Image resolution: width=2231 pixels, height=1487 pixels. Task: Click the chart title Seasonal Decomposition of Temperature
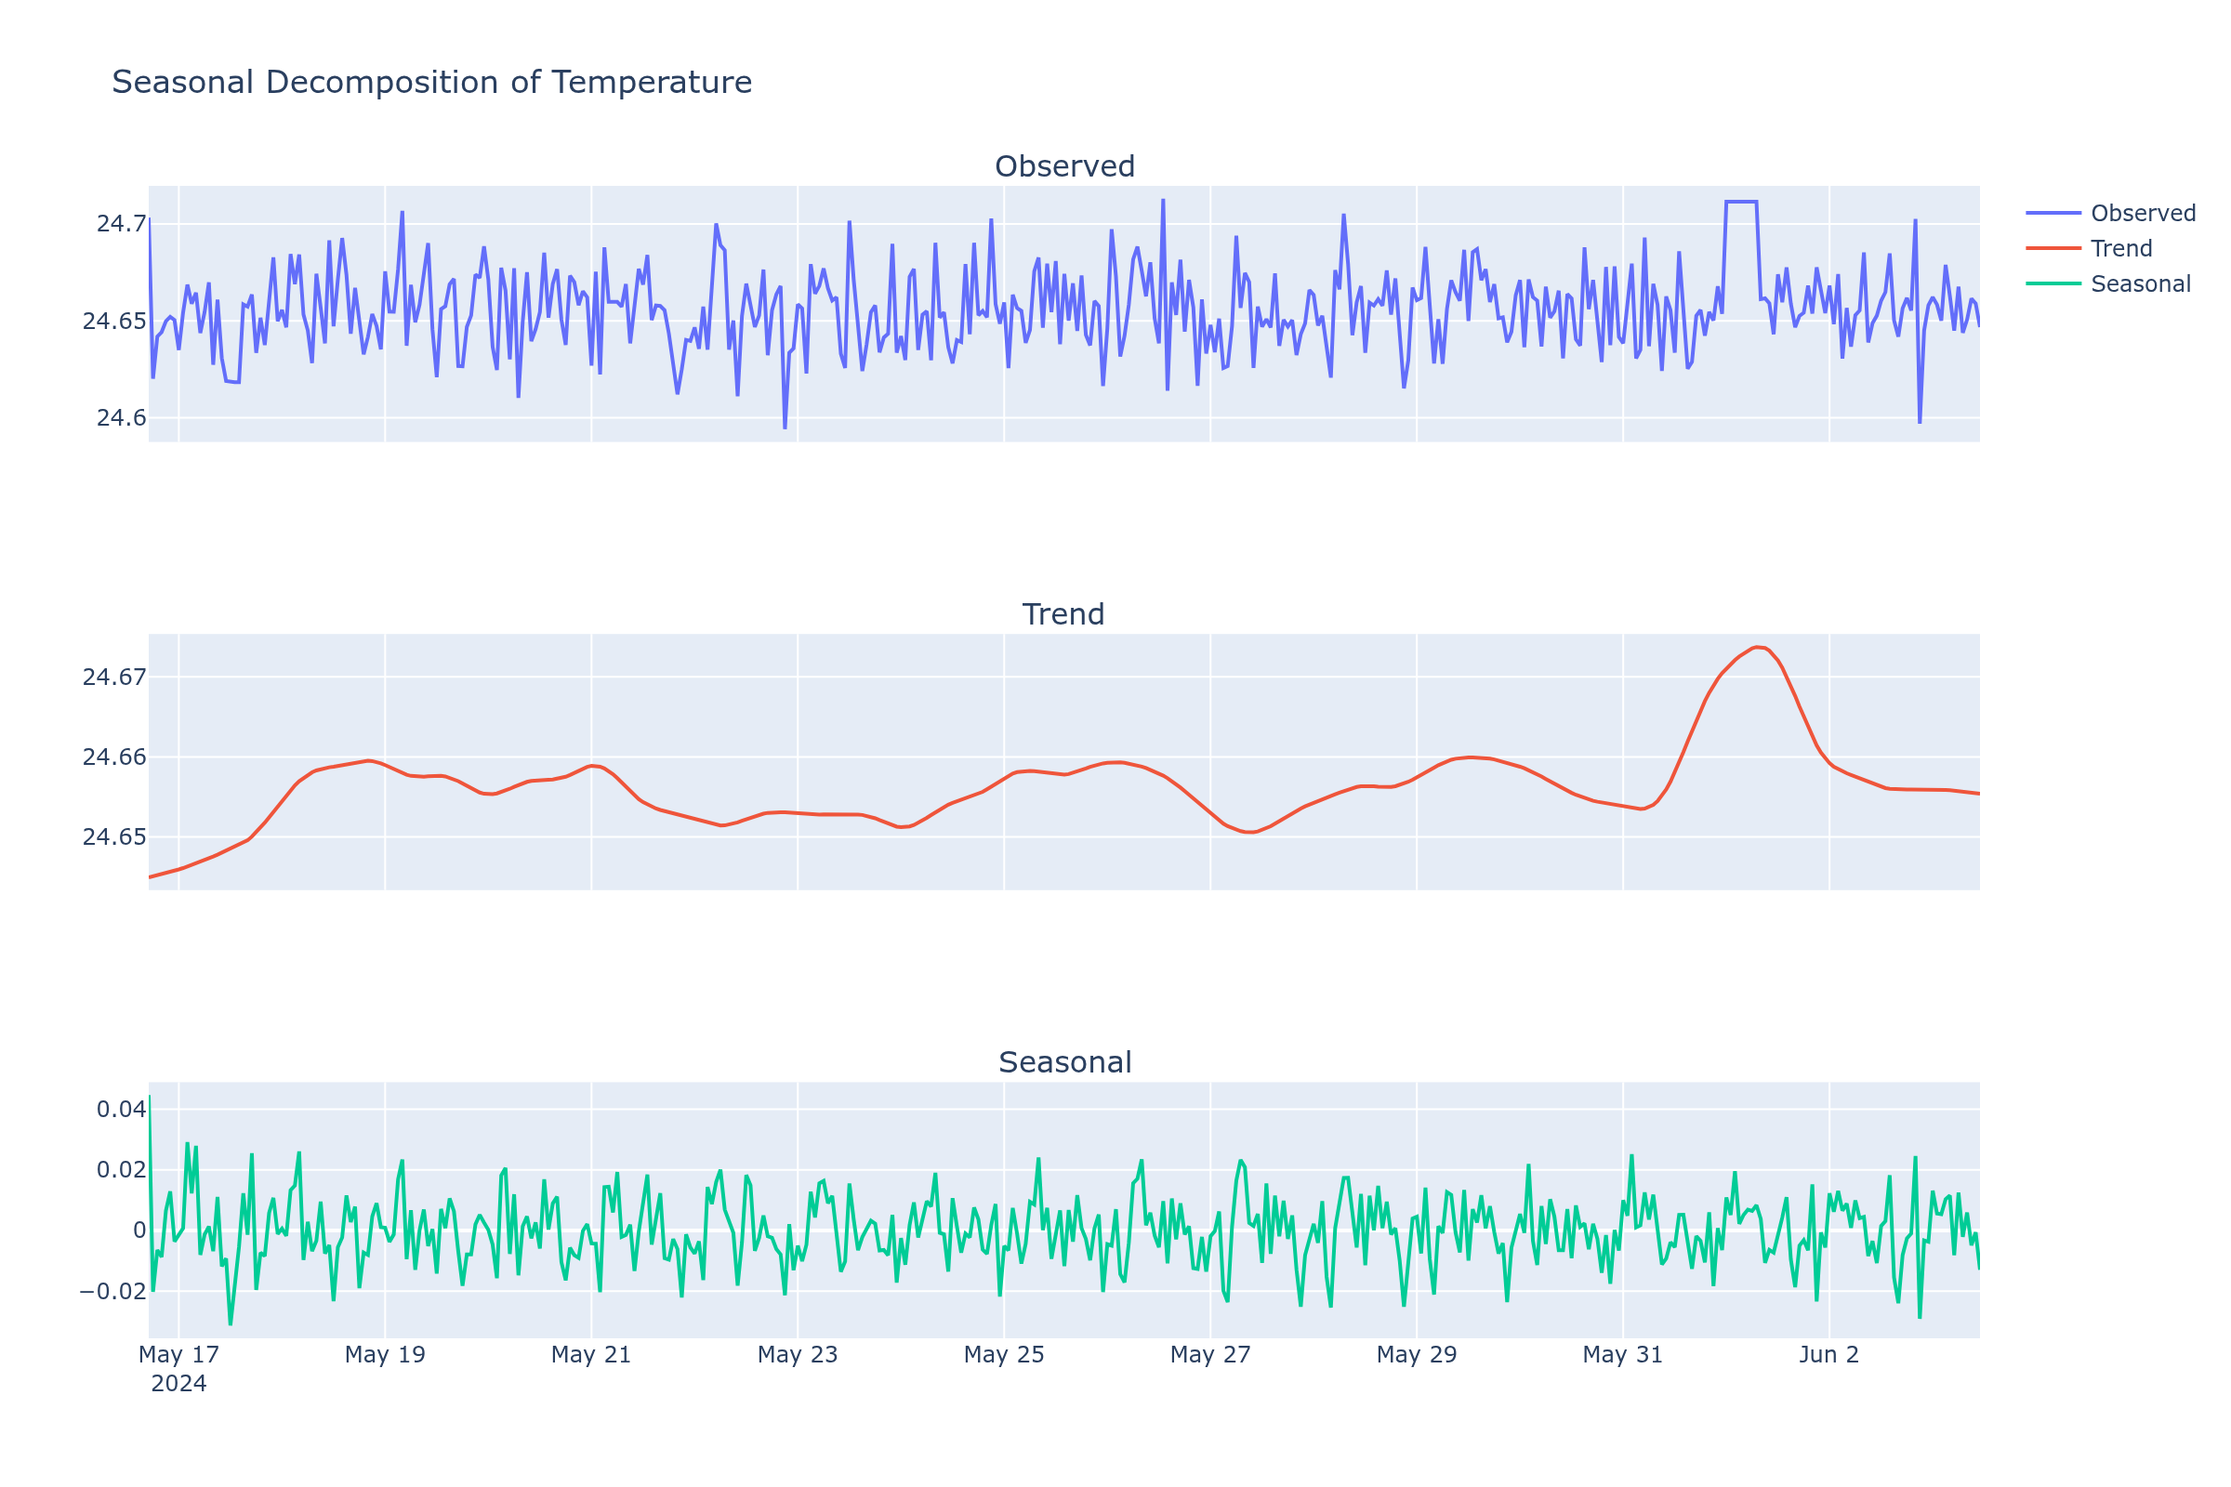tap(431, 83)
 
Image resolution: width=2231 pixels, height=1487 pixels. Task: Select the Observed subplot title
tap(1064, 167)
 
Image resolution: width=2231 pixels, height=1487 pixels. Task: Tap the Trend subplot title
tap(1063, 614)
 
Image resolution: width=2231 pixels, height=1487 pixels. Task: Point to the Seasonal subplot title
tap(1064, 1063)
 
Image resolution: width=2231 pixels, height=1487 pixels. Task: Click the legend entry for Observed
tap(2143, 214)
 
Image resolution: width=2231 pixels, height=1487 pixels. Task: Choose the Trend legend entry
tap(2121, 248)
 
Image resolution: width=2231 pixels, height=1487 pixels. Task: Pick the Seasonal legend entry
tap(2140, 284)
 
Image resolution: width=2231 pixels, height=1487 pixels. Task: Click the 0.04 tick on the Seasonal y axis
tap(121, 1110)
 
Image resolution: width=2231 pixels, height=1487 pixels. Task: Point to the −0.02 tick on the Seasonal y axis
tap(112, 1292)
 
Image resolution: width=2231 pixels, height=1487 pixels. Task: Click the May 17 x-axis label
tap(178, 1355)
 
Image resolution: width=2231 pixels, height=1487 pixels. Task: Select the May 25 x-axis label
tap(1004, 1355)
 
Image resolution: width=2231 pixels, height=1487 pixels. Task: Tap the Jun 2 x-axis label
tap(1828, 1355)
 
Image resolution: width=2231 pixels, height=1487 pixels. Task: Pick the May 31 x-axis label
tap(1622, 1355)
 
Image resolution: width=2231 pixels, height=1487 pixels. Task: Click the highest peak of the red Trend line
tap(1758, 647)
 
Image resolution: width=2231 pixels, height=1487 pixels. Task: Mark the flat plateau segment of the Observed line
tap(1740, 201)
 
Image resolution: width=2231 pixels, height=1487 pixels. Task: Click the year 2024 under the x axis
tap(178, 1384)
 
